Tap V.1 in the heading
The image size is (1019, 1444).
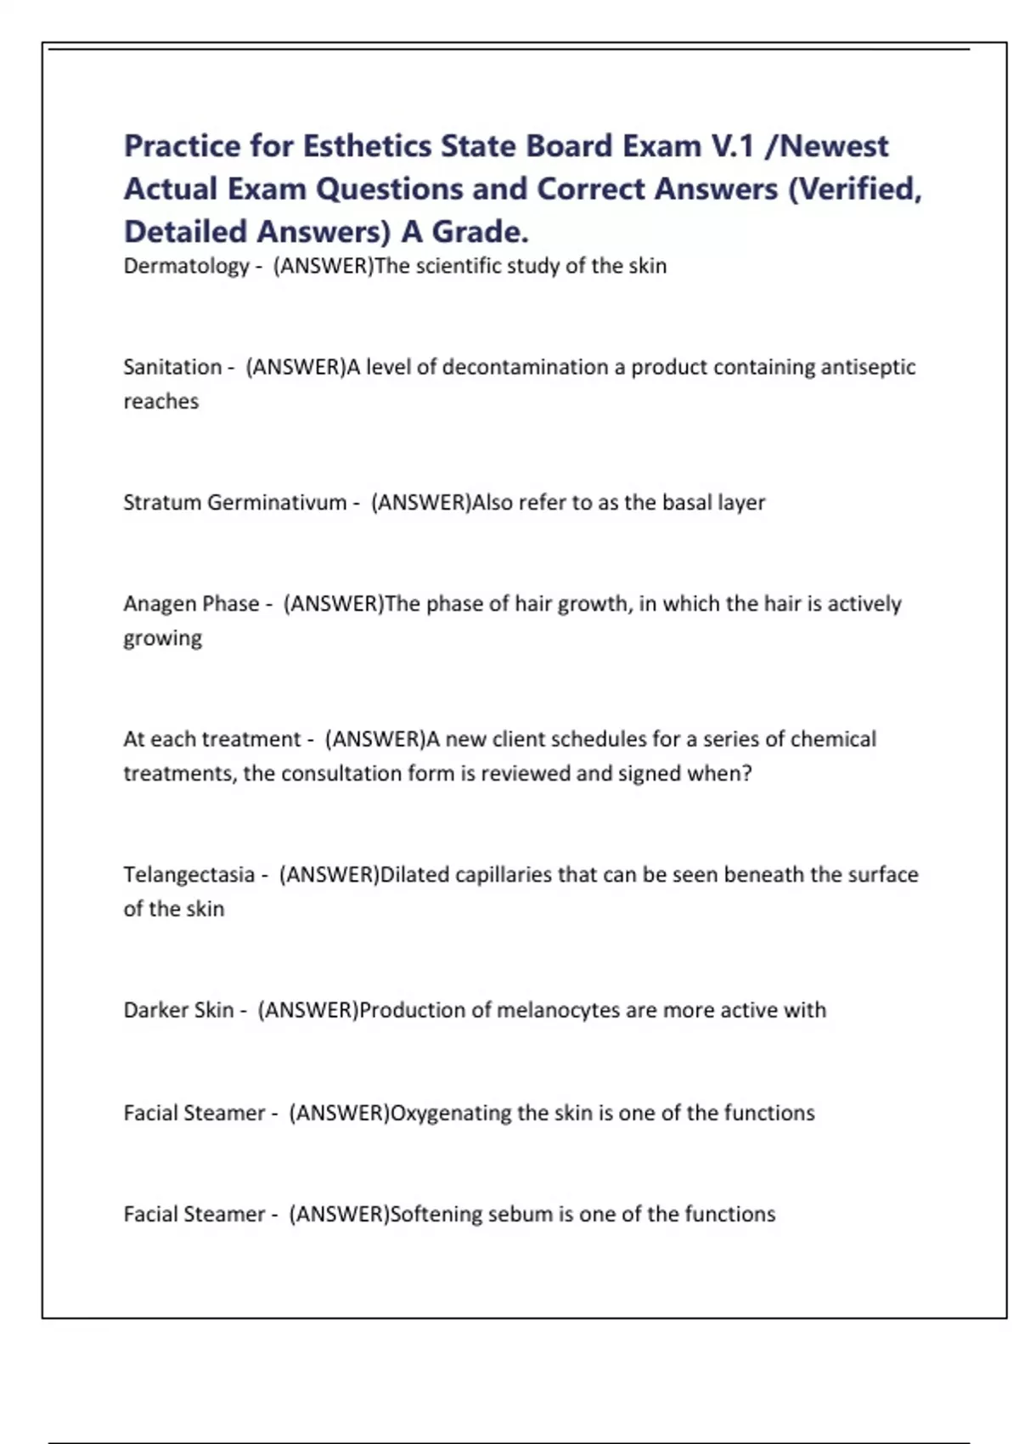(x=733, y=146)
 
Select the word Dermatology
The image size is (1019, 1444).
(x=187, y=267)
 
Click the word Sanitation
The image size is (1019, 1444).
(x=172, y=367)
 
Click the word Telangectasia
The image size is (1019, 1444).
(x=189, y=875)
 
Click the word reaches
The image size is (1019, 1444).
(x=160, y=402)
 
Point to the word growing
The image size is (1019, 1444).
(x=162, y=639)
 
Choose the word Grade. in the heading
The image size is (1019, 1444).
(x=480, y=232)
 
